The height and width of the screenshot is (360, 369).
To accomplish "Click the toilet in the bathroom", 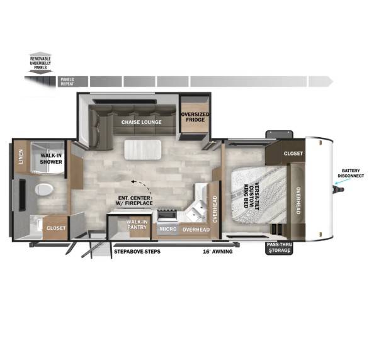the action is pyautogui.click(x=44, y=189).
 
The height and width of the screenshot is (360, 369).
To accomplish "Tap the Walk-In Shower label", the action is pyautogui.click(x=51, y=159).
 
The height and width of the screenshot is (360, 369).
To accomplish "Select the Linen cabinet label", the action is pyautogui.click(x=21, y=156).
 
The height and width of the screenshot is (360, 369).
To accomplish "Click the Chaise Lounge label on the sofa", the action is pyautogui.click(x=142, y=122).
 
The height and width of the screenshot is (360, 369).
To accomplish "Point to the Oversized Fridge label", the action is pyautogui.click(x=195, y=117).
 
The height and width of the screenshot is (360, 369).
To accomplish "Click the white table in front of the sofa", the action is pyautogui.click(x=142, y=150).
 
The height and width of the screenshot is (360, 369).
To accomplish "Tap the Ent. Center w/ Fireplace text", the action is pyautogui.click(x=134, y=201).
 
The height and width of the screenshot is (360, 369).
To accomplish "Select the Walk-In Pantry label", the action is pyautogui.click(x=137, y=225).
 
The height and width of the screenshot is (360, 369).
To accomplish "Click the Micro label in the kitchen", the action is pyautogui.click(x=168, y=229).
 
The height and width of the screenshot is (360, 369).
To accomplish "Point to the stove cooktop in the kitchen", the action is pyautogui.click(x=167, y=215).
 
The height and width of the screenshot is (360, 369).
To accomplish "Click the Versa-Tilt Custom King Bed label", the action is pyautogui.click(x=251, y=195).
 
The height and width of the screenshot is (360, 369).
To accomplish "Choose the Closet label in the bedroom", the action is pyautogui.click(x=293, y=154).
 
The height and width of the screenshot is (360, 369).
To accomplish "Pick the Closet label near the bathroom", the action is pyautogui.click(x=56, y=228).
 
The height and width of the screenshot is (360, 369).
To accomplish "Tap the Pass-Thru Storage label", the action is pyautogui.click(x=280, y=247).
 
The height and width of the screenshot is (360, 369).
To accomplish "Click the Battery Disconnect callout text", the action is pyautogui.click(x=351, y=173).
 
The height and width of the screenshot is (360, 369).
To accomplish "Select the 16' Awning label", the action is pyautogui.click(x=218, y=252).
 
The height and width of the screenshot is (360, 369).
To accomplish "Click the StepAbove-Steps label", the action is pyautogui.click(x=137, y=252).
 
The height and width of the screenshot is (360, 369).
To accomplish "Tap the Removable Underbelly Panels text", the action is pyautogui.click(x=40, y=63).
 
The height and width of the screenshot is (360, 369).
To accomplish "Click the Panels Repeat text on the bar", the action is pyautogui.click(x=67, y=82).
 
